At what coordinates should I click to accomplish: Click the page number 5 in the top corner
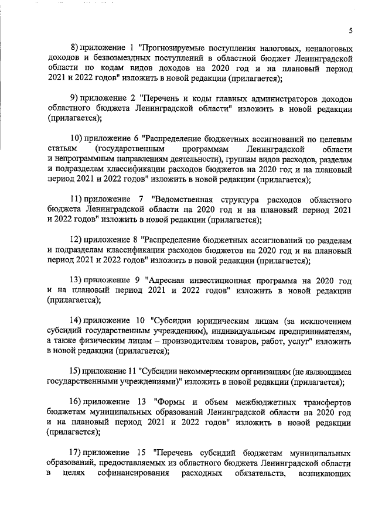pyautogui.click(x=350, y=30)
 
